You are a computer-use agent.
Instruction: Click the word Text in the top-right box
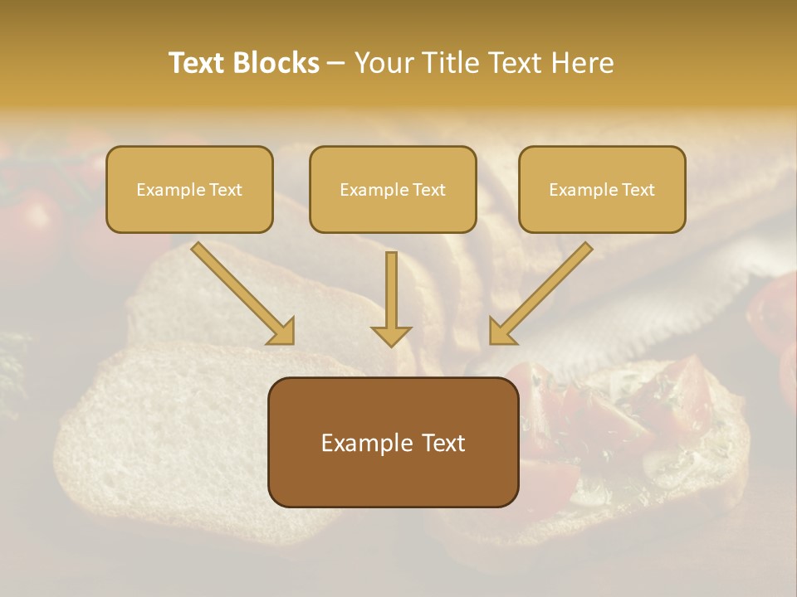coord(638,190)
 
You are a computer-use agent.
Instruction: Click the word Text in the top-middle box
coord(428,190)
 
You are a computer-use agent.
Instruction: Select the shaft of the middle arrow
coord(391,286)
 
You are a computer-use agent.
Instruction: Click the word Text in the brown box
coord(444,443)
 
